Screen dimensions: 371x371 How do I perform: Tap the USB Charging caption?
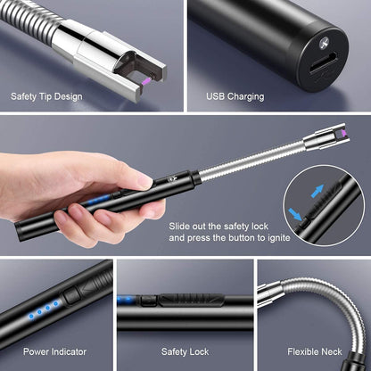tap(235, 96)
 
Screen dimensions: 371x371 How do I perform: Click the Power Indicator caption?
tap(54, 352)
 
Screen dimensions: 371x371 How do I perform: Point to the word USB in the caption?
tap(217, 96)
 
